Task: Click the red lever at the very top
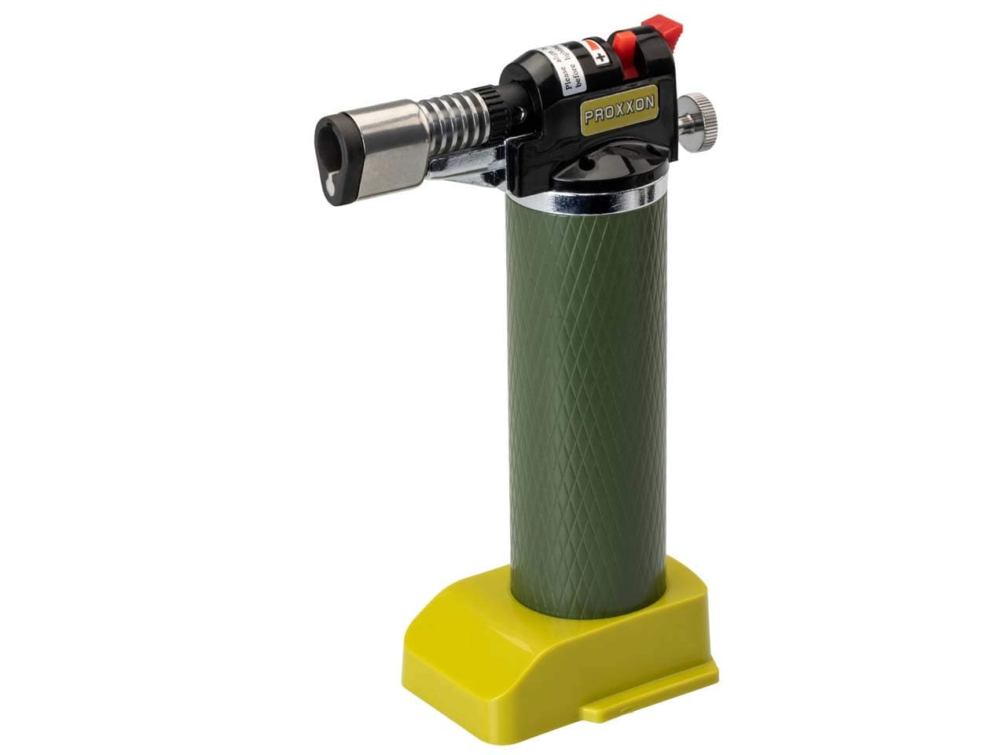[663, 29]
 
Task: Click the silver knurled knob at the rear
[698, 123]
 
